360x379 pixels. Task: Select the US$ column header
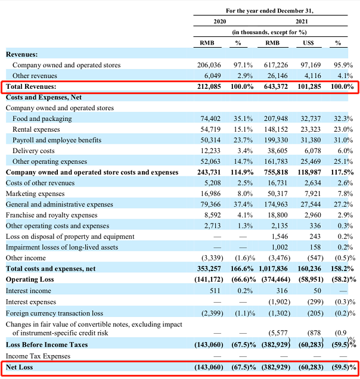point(309,43)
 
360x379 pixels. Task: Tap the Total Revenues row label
point(31,86)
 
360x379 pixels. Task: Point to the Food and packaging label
point(42,119)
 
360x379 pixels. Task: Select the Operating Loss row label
point(30,279)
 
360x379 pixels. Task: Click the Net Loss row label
point(20,367)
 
